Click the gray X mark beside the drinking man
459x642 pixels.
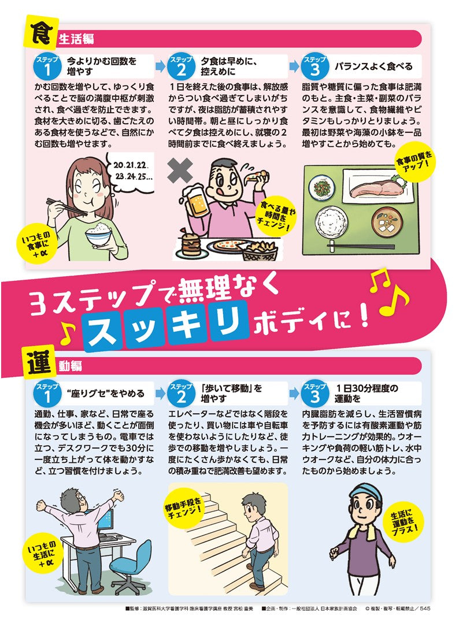(x=182, y=171)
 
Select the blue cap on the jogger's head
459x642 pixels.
(x=360, y=493)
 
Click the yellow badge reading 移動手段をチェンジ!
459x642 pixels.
(x=184, y=506)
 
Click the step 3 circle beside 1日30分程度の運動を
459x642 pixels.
(x=314, y=395)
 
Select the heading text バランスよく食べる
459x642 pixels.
(x=373, y=67)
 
